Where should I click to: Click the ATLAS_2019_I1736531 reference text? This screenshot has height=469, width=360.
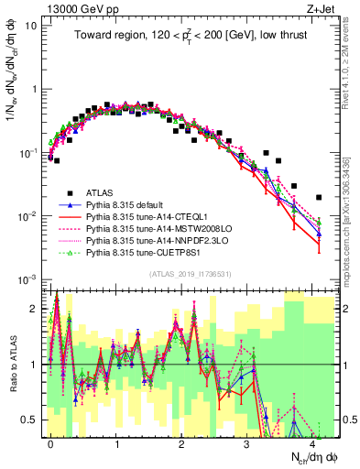(191, 274)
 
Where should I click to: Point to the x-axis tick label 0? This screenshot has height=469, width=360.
(50, 442)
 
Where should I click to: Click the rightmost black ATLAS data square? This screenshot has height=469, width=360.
(319, 197)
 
